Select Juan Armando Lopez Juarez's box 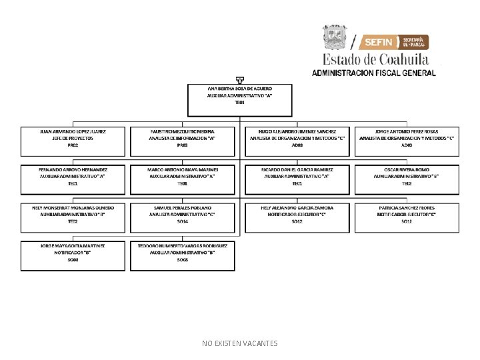point(73,142)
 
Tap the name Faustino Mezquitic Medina point(183,132)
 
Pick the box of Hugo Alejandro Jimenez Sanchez point(297,142)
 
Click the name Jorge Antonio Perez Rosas point(407,132)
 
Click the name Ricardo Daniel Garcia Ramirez point(297,169)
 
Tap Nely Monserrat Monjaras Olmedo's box point(73,218)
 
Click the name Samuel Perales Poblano point(183,208)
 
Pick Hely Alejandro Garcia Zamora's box point(297,218)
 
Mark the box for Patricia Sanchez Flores point(407,218)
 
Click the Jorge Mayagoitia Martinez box point(73,256)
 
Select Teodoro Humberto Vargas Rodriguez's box point(183,256)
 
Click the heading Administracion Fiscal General point(374,73)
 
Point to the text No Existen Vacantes point(240,343)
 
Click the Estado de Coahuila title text point(376,59)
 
